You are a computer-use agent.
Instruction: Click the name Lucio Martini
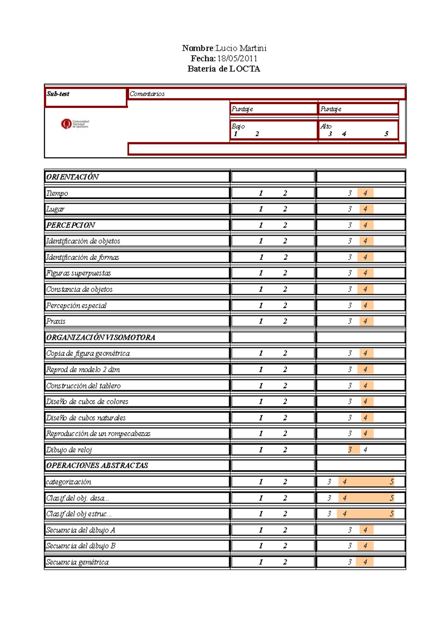coord(241,48)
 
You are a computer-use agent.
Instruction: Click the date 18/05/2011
coord(237,58)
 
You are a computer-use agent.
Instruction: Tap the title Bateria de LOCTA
coord(224,69)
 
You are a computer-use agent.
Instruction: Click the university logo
coord(75,124)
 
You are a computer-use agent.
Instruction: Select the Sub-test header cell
coord(58,94)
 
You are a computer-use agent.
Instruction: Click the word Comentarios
coord(147,94)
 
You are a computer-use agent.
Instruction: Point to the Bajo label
coord(238,126)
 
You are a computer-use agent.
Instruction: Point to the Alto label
coord(326,126)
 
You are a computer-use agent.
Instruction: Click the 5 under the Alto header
coord(386,134)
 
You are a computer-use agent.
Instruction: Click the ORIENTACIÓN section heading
coord(72,177)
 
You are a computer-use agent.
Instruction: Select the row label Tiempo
coord(57,193)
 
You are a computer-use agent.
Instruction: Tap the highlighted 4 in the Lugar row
coord(365,209)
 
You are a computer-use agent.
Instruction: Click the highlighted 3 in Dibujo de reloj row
coord(350,450)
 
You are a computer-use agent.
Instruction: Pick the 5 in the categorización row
coord(392,482)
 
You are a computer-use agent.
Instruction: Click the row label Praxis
coord(56,321)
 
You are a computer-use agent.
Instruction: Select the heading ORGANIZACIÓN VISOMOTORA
coord(100,337)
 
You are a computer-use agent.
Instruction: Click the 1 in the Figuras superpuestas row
coord(261,273)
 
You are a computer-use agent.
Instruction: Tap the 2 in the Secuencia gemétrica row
coord(285,562)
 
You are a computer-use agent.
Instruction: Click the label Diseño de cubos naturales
coord(86,417)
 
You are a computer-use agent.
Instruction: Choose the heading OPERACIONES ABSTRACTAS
coord(97,465)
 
